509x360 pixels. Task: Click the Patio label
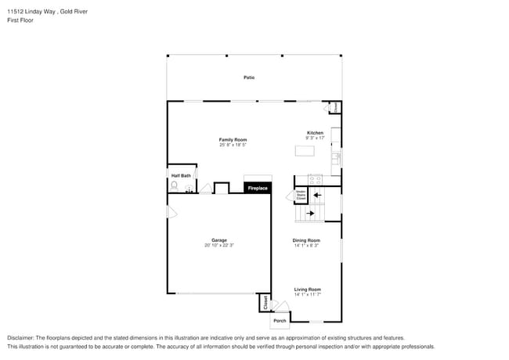coord(249,77)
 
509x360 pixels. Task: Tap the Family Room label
coord(233,139)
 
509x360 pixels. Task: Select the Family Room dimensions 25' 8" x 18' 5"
coord(233,145)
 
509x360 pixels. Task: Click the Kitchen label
coord(315,132)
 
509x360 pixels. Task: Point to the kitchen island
coord(304,150)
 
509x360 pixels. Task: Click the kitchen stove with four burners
coord(316,179)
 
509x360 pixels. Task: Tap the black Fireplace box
coord(258,189)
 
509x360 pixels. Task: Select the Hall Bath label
coord(181,175)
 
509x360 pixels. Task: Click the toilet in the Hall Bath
coord(174,185)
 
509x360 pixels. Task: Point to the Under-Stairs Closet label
coord(301,196)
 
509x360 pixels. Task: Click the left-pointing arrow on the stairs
coord(317,196)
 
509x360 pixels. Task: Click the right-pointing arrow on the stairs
coord(311,212)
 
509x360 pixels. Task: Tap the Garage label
coord(218,239)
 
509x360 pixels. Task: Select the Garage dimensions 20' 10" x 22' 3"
coord(218,245)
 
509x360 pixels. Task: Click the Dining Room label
coord(306,240)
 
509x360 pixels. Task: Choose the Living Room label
coord(307,290)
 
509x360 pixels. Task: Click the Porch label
coord(280,320)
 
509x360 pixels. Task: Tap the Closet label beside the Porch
coord(265,302)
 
